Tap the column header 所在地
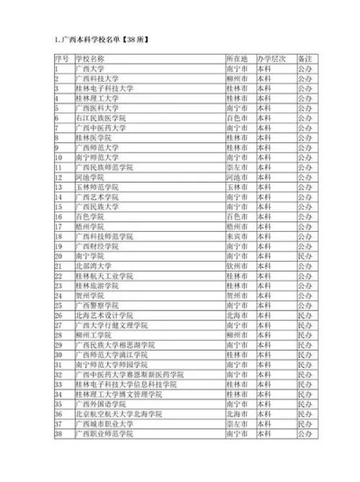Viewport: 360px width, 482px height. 236,58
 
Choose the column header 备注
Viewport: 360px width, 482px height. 307,58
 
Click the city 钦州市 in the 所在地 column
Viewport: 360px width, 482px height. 236,265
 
